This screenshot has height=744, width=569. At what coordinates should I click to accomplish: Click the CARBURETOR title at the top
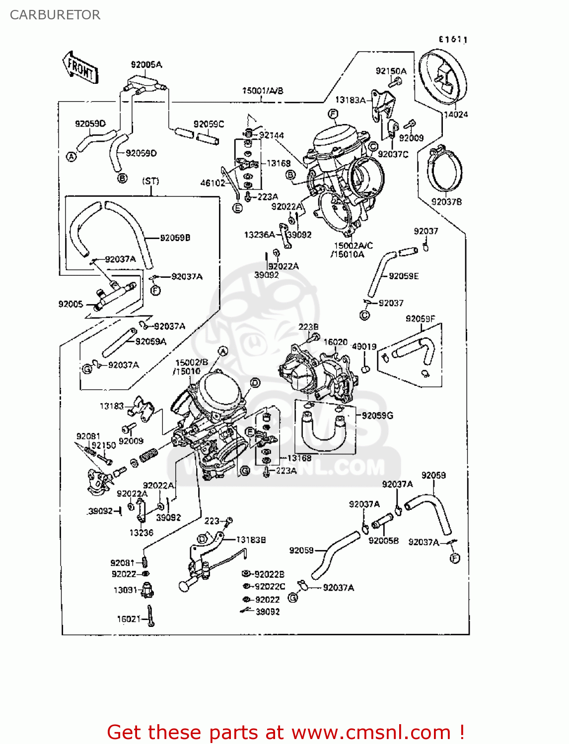click(x=55, y=15)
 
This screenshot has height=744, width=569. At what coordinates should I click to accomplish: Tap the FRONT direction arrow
click(x=80, y=67)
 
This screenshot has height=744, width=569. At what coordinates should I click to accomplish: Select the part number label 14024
click(x=455, y=115)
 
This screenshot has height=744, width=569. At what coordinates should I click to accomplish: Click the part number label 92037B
click(x=446, y=202)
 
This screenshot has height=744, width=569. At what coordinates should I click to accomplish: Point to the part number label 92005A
click(x=146, y=64)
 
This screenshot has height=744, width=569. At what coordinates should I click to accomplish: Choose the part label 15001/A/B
click(x=262, y=91)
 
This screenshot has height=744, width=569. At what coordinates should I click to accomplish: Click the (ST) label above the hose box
click(x=150, y=181)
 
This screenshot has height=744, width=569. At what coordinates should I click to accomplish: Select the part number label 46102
click(x=213, y=183)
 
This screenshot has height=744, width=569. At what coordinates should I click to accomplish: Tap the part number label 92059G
click(x=377, y=416)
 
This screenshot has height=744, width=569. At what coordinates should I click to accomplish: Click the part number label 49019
click(x=364, y=347)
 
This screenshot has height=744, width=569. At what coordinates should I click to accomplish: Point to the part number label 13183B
click(x=251, y=540)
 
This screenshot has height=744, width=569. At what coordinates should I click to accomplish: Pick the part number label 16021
click(x=129, y=619)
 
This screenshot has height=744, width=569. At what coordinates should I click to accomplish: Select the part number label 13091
click(x=125, y=590)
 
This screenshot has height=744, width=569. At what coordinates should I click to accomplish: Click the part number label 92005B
click(x=383, y=541)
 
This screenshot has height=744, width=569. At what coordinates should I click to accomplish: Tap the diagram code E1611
click(x=452, y=40)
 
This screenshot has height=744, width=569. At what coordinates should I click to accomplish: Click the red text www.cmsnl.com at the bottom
click(x=370, y=733)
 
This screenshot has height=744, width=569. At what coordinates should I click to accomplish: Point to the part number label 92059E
click(x=403, y=276)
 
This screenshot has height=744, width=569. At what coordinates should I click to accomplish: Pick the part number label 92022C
click(x=270, y=586)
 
